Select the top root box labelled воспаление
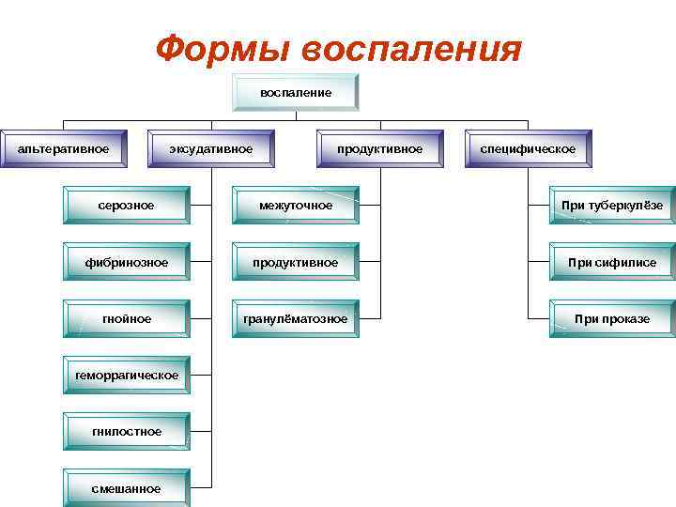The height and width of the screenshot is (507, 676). point(296,92)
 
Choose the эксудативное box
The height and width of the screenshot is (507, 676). point(211,148)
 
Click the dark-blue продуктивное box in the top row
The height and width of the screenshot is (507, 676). point(379,148)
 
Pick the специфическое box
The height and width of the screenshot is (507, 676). point(528,148)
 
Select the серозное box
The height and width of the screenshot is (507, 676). point(127,206)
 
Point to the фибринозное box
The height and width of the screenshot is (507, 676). point(127,262)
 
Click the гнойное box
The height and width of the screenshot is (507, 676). point(127,319)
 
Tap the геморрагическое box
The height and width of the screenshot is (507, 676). point(127,376)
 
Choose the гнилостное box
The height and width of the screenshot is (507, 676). point(127,432)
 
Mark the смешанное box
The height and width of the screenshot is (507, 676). point(127,488)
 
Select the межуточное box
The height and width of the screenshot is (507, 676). point(296,206)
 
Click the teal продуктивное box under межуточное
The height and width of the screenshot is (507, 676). point(296,262)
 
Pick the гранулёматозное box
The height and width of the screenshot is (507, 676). point(296,319)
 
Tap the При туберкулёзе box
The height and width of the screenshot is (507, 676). point(612,206)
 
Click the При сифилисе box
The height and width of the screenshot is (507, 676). point(612,262)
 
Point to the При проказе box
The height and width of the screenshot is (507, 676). point(612,319)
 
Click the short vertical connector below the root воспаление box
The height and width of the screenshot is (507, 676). point(296,115)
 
